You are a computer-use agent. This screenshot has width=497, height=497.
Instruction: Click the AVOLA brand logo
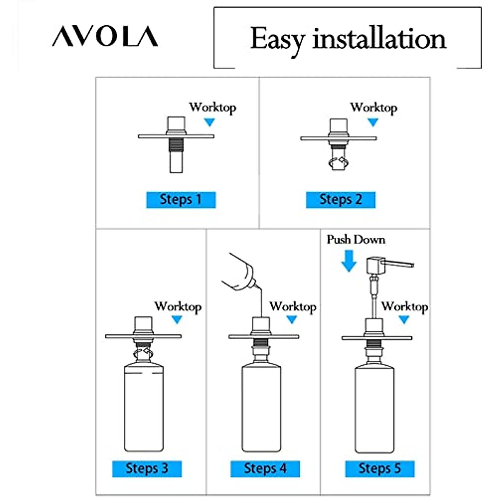(105, 36)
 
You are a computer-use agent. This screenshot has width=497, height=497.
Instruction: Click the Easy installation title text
(348, 39)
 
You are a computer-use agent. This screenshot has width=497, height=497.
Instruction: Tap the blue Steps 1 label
(181, 200)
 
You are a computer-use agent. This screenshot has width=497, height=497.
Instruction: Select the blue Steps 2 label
(340, 200)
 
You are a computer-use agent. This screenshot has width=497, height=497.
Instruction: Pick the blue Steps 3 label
(147, 468)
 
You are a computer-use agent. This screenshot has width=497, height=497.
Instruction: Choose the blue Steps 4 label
(265, 468)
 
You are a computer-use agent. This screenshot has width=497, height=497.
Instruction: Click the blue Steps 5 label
(380, 468)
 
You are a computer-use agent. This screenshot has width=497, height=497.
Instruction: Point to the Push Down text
(356, 239)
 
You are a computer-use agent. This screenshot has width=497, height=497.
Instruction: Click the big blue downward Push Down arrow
(349, 261)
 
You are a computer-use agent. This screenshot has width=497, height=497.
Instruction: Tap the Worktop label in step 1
(212, 107)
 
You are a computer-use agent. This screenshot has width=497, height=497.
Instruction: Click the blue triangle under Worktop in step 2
(373, 122)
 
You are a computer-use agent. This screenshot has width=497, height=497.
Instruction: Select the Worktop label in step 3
(178, 306)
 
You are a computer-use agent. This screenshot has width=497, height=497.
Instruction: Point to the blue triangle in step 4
(292, 319)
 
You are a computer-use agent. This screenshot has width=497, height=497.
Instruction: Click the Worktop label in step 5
(405, 306)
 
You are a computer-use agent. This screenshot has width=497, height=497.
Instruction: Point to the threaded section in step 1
(176, 144)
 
